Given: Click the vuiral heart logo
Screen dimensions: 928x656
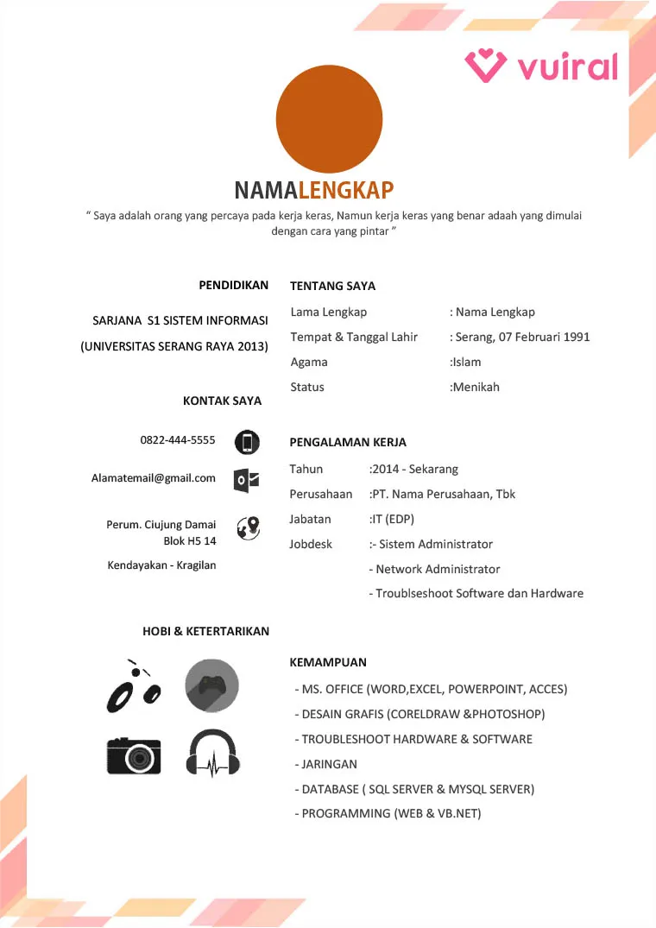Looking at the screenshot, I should (x=486, y=66).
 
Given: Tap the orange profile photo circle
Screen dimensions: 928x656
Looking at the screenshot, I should (x=329, y=119).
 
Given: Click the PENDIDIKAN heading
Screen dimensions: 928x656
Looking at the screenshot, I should (x=233, y=285).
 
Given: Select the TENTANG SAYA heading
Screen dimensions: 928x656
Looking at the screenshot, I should (x=332, y=286).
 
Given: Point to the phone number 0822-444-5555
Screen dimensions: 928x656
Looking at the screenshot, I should (x=178, y=440).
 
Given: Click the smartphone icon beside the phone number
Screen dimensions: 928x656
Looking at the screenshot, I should (x=247, y=443).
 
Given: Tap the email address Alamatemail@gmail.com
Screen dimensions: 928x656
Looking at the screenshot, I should (x=154, y=477).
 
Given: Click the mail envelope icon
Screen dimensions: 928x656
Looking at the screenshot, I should (x=247, y=481).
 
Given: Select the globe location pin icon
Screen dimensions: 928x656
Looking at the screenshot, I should (x=248, y=527).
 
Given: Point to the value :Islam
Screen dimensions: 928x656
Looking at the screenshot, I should (x=466, y=362).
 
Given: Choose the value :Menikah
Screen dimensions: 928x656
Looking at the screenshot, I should (x=475, y=387).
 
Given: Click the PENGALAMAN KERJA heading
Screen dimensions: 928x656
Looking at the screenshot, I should (x=348, y=442).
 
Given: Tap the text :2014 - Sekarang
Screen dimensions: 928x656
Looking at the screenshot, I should (x=413, y=469).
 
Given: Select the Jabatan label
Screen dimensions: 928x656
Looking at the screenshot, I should (x=310, y=519).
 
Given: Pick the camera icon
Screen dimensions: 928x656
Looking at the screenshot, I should (x=134, y=754).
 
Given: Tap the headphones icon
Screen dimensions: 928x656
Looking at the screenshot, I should (x=212, y=754).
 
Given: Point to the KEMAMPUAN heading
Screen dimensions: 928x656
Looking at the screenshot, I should (x=328, y=662).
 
